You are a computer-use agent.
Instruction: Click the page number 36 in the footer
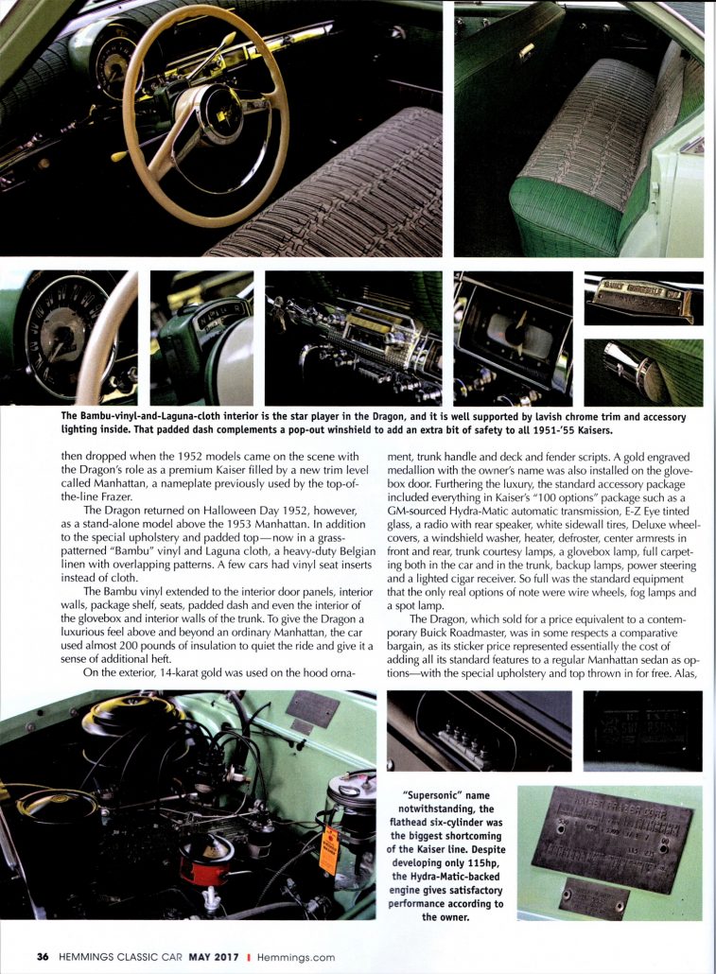pyautogui.click(x=42, y=956)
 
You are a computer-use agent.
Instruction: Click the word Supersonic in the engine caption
pyautogui.click(x=444, y=796)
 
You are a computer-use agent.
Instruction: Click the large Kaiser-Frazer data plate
pyautogui.click(x=610, y=836)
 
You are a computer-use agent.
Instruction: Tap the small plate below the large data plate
pyautogui.click(x=593, y=897)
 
